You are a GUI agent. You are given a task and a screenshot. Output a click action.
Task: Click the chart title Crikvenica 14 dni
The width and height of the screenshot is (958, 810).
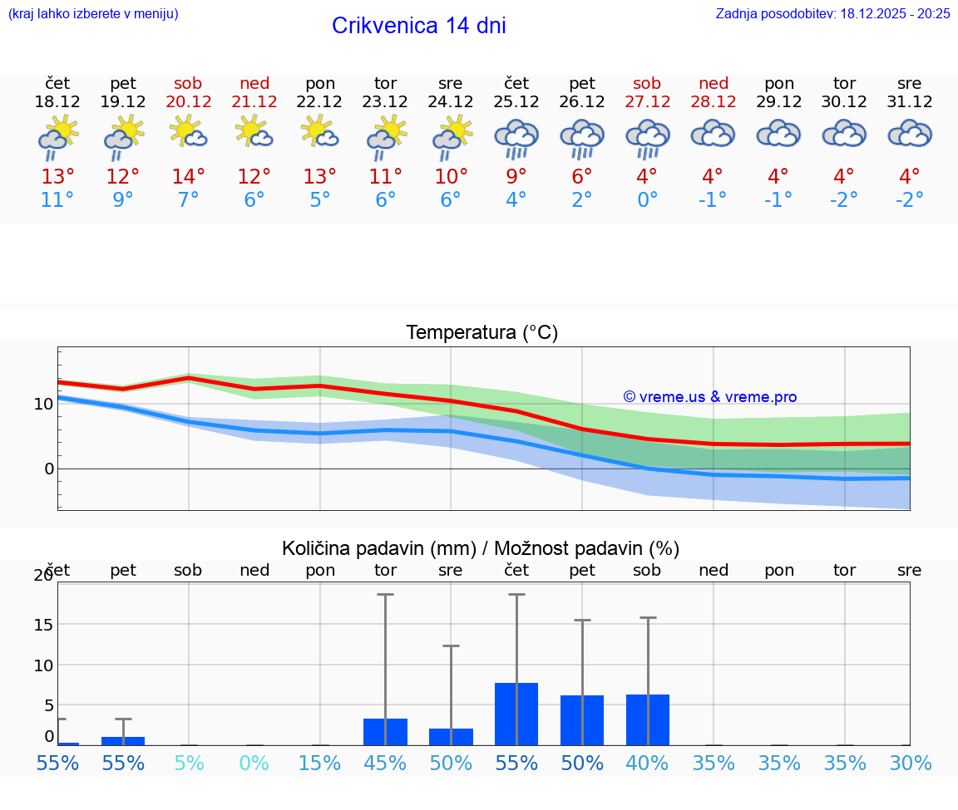tap(418, 26)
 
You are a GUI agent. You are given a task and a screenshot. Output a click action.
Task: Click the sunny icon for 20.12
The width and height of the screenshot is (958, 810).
tap(188, 132)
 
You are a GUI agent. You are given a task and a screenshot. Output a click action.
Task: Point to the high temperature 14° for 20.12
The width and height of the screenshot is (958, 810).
tap(188, 176)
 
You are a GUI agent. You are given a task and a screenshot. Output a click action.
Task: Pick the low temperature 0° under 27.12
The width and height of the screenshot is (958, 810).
tap(647, 199)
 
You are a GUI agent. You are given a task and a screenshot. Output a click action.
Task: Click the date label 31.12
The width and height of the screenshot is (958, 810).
tap(910, 101)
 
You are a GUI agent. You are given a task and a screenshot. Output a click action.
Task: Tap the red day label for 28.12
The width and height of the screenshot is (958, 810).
tap(714, 83)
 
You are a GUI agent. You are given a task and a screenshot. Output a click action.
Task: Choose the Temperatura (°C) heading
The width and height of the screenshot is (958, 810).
tap(481, 332)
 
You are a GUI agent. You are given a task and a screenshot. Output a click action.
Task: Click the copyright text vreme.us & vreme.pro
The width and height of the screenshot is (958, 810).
tap(710, 397)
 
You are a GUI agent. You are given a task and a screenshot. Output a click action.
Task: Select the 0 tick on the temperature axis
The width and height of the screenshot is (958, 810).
tap(48, 469)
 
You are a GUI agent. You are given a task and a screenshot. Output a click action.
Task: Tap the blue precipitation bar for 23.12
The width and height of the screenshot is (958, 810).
tap(385, 731)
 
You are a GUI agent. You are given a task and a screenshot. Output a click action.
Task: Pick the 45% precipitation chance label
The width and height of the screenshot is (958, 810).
tap(385, 763)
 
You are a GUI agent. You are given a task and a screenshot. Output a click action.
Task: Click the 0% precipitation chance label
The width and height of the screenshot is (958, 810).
tap(254, 763)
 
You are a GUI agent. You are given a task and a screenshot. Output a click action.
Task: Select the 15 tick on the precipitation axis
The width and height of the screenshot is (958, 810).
tap(42, 624)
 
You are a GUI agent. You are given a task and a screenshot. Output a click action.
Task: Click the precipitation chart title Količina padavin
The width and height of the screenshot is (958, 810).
tap(481, 548)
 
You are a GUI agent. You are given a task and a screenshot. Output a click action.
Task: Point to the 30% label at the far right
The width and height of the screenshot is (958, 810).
tap(910, 763)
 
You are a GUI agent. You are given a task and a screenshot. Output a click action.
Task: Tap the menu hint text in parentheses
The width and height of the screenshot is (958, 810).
tap(93, 13)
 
